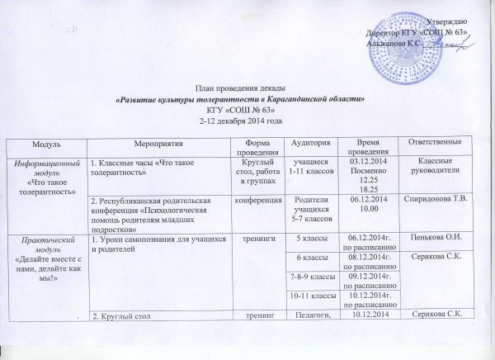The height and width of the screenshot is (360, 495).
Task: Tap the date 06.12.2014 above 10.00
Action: (368, 199)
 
